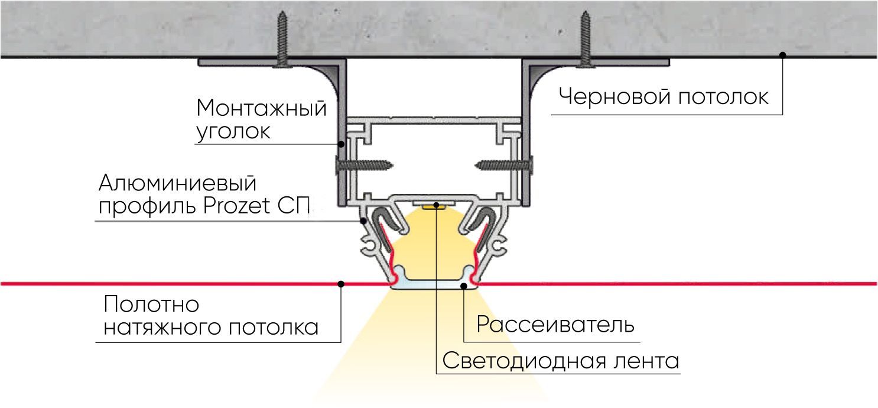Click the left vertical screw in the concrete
282,39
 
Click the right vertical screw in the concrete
585,39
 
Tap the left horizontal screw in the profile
365,165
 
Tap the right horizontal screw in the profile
504,165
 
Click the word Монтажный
261,108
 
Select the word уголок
233,132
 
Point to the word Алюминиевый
178,183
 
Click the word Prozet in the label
237,206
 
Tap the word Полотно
151,305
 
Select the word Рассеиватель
555,325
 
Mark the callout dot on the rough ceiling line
783,55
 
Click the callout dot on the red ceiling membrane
341,284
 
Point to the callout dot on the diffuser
464,286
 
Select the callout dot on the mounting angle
342,144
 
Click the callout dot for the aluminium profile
363,221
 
